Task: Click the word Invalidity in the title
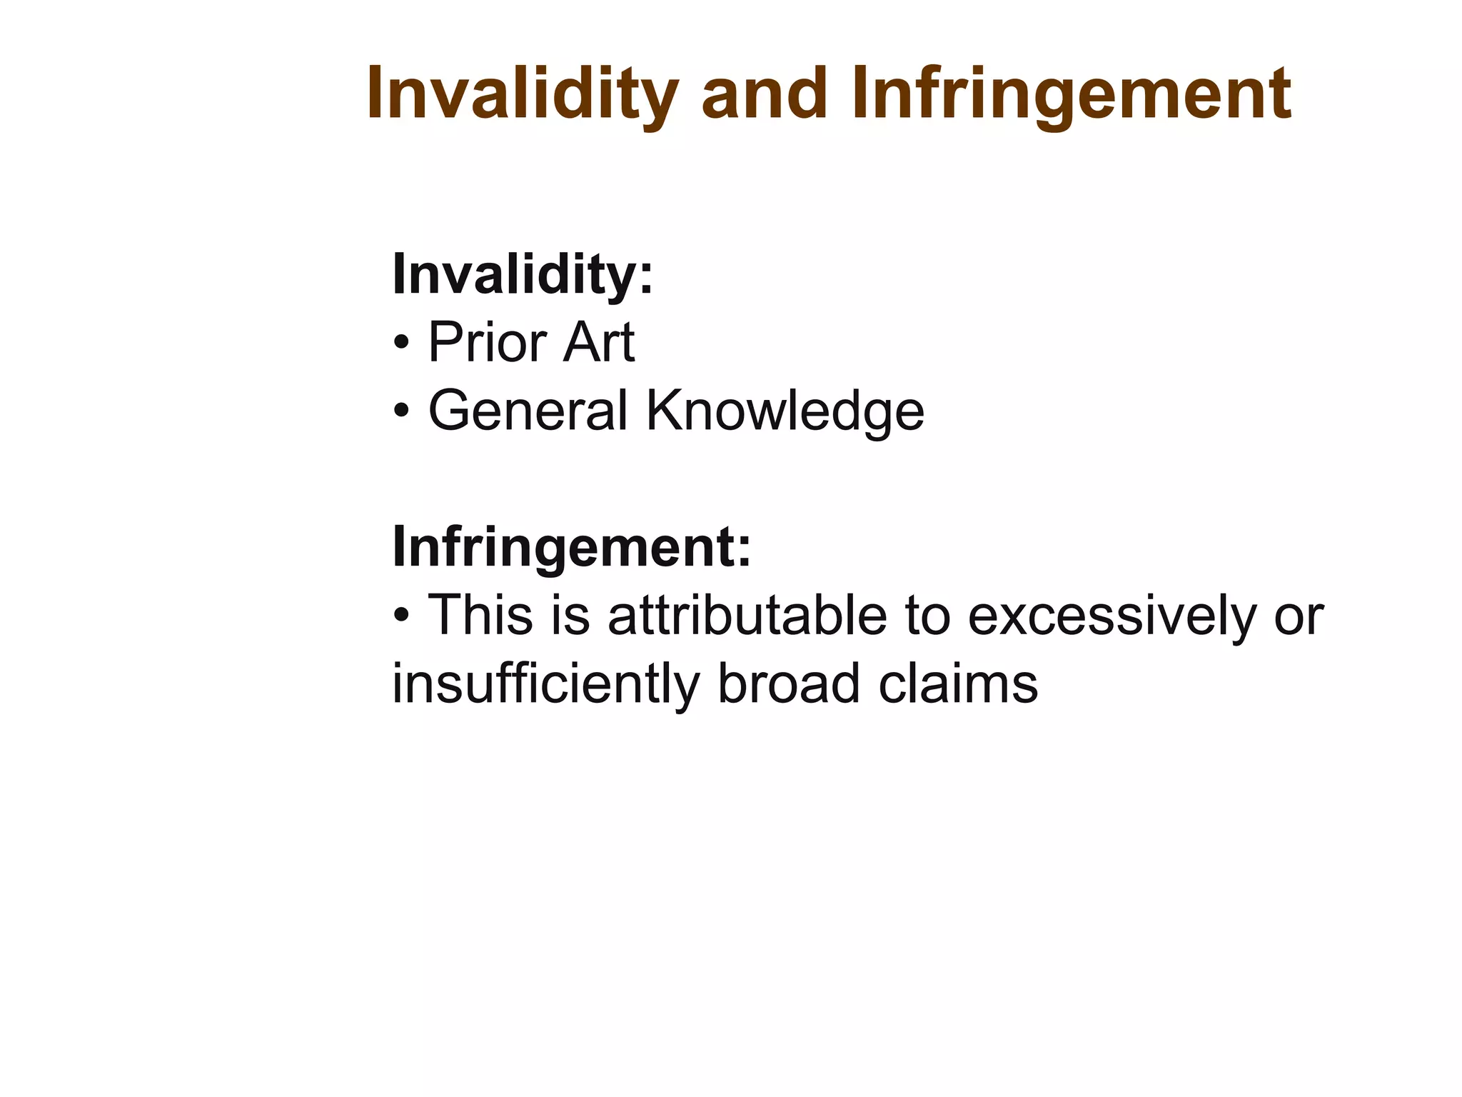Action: (x=522, y=94)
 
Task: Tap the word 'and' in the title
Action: (x=763, y=94)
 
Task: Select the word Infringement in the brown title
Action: (x=1071, y=94)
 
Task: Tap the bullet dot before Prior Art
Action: (x=401, y=344)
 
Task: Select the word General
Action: (x=528, y=411)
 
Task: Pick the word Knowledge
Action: (x=785, y=411)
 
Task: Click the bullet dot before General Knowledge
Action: (x=401, y=412)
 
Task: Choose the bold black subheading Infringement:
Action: (x=572, y=546)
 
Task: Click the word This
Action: (x=480, y=615)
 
